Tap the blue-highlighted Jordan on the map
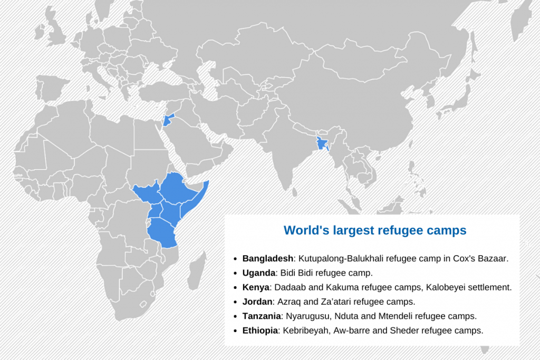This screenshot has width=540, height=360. (168, 120)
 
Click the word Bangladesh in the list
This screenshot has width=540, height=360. (267, 259)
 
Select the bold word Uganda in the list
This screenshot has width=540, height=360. (259, 273)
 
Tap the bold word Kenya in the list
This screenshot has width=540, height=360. (256, 287)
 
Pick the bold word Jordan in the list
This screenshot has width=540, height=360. (257, 301)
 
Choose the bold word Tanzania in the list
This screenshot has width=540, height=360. (262, 316)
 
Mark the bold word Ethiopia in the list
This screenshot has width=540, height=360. (259, 330)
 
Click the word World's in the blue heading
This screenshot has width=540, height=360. (303, 230)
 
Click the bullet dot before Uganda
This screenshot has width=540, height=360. (235, 274)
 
